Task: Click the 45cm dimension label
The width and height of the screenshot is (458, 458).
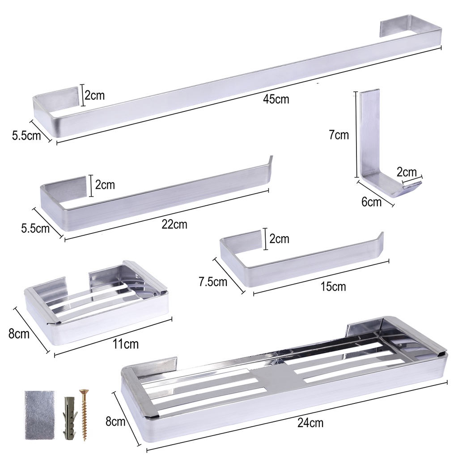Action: pos(276,99)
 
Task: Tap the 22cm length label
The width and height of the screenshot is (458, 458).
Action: pos(174,225)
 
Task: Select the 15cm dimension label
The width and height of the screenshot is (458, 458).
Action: pos(333,287)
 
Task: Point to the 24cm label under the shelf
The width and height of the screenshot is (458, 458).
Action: pos(310,423)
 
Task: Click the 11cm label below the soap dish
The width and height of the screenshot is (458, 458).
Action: pos(126,344)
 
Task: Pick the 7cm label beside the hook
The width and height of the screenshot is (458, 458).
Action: pos(339,135)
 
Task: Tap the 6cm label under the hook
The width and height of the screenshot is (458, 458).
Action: pos(372,202)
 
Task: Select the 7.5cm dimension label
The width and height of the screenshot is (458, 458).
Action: pos(213,282)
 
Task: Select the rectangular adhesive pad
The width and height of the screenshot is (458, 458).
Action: pos(40,415)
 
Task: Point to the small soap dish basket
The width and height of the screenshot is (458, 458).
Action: pos(97,304)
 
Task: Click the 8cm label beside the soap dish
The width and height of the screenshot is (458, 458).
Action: pos(19,333)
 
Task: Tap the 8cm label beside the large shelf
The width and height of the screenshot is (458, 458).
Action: pos(115,421)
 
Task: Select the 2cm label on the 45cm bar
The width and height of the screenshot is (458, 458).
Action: pos(95,95)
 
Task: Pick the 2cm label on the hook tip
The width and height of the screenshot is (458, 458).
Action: pos(407,172)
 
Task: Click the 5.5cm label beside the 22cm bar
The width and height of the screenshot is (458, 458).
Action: pos(35,228)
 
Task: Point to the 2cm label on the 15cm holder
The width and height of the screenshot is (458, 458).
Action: pos(279,239)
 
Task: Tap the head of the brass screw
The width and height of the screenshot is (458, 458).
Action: pos(84,391)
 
